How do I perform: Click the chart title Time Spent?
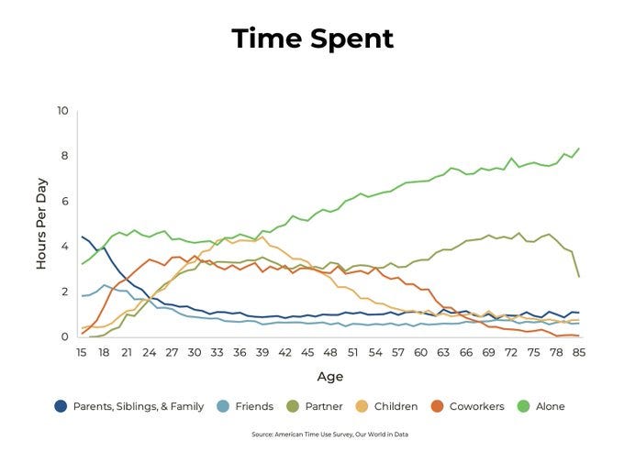(312, 39)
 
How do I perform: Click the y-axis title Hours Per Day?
(41, 225)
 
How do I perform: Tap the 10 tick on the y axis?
(62, 111)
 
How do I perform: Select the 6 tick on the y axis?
(65, 202)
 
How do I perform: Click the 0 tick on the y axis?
(65, 337)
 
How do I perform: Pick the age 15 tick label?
(83, 352)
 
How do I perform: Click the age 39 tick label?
(262, 352)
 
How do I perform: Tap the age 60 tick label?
(420, 352)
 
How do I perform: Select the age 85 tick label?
(579, 352)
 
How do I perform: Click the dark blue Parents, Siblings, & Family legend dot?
(61, 406)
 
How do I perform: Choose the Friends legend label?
(254, 406)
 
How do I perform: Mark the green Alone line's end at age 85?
(578, 149)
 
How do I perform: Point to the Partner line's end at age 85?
(578, 276)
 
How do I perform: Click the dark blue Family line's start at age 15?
(83, 237)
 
